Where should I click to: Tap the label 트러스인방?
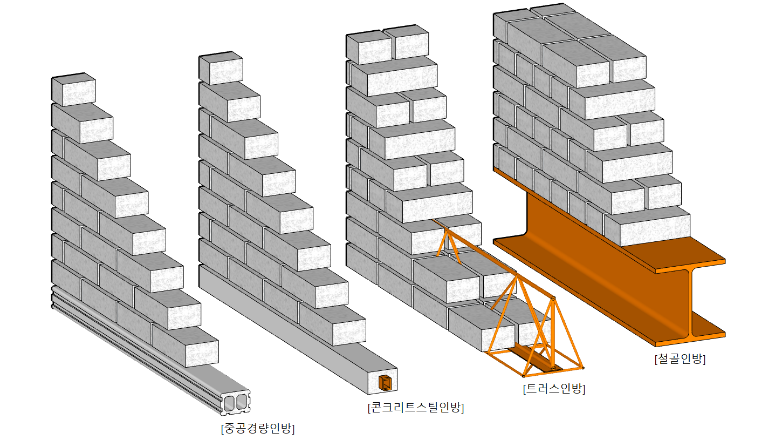pyautogui.click(x=554, y=388)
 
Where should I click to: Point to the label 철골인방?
pyautogui.click(x=679, y=359)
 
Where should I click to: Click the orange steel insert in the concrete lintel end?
pyautogui.click(x=385, y=383)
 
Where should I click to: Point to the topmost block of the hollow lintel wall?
pyautogui.click(x=74, y=90)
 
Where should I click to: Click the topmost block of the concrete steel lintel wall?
pyautogui.click(x=221, y=69)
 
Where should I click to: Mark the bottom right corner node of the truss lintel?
pyautogui.click(x=582, y=369)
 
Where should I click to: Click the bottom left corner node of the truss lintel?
pyautogui.click(x=524, y=375)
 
